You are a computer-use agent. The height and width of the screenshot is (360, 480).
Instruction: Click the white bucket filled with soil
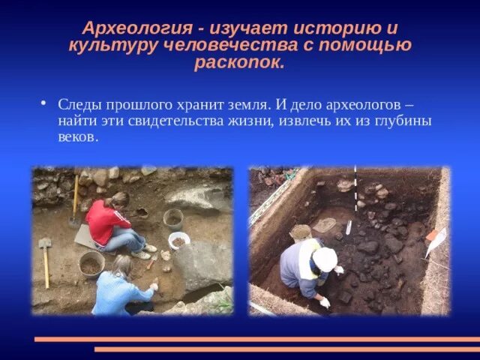(179, 241)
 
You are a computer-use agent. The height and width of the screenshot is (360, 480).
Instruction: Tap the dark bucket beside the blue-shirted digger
(92, 264)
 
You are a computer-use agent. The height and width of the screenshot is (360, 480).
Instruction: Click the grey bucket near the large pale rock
(173, 218)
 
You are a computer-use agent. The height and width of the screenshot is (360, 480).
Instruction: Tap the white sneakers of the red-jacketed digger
(142, 252)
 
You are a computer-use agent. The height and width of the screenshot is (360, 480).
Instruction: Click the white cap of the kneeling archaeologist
(325, 259)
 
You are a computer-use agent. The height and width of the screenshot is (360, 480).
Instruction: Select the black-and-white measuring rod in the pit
(355, 192)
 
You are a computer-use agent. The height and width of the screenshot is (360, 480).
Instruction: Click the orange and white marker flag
(434, 238)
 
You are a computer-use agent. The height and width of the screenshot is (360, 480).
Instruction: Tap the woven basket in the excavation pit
(301, 233)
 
